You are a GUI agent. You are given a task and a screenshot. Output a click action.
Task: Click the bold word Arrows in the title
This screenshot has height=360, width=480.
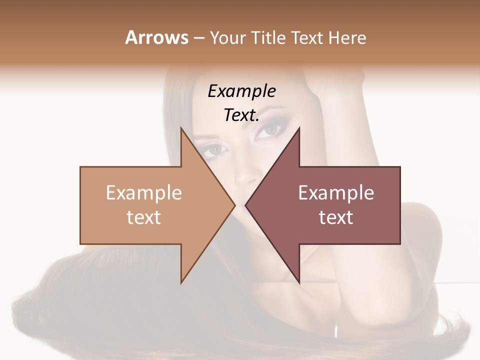pos(156,37)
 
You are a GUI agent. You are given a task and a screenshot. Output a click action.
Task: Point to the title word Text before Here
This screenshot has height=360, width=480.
pos(307,38)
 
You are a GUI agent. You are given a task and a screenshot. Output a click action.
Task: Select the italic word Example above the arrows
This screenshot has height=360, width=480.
pos(242,91)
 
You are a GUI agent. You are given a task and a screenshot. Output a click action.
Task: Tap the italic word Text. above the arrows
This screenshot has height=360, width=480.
pos(241,115)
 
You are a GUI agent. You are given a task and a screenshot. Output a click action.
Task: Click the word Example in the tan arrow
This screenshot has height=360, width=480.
pos(144,192)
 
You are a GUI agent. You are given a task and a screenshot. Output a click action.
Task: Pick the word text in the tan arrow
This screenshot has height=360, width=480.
pos(144,217)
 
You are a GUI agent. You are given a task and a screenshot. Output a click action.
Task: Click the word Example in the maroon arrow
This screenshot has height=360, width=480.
pos(336,192)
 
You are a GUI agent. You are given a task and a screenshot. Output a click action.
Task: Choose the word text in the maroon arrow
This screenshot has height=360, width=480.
pos(336,217)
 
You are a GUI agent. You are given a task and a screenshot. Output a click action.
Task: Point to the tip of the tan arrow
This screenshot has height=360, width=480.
pos(234,205)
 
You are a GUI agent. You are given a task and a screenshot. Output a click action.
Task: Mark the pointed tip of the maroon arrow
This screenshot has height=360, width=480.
pos(246,205)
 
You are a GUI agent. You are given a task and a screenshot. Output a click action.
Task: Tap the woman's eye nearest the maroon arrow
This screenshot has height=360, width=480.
pos(273,129)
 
